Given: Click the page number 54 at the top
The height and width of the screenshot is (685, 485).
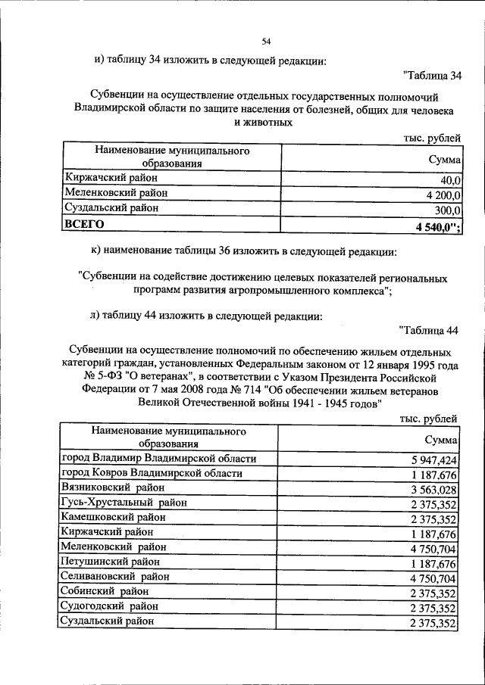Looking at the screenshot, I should point(267,42).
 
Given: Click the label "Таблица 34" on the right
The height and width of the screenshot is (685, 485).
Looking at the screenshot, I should point(433,75).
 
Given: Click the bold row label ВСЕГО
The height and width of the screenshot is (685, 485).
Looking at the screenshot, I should point(81,224).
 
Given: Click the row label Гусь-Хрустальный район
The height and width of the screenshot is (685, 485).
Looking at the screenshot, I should point(124,502).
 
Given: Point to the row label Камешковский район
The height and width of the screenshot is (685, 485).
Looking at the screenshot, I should point(113,517).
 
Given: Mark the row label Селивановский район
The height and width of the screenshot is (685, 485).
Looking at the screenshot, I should point(114,577).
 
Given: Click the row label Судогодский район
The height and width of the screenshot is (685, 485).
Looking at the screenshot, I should point(110,606).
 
